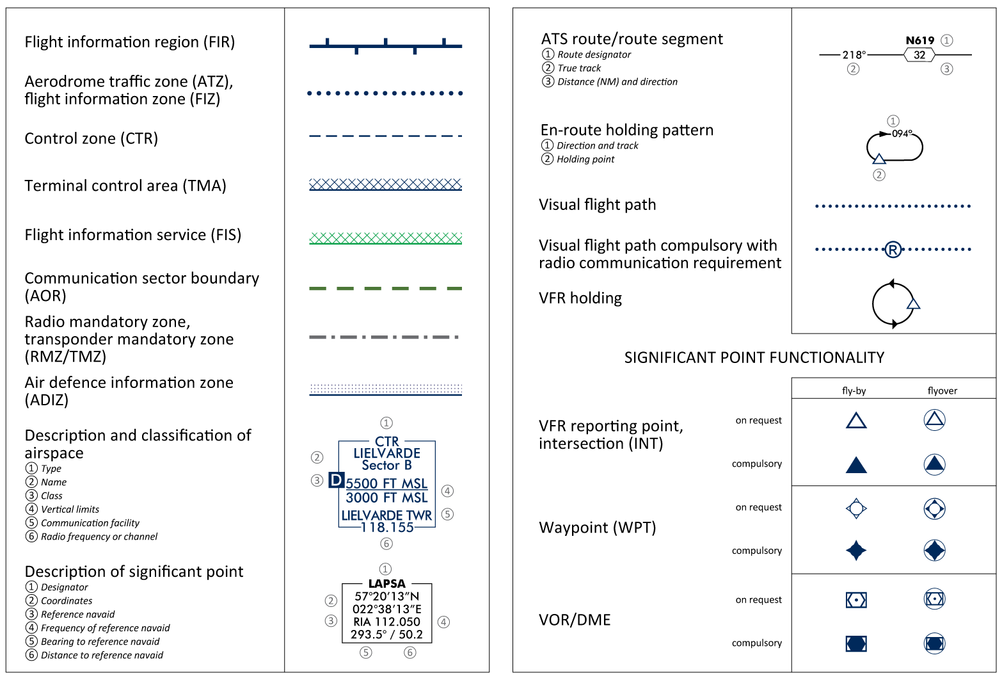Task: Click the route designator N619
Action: (x=919, y=40)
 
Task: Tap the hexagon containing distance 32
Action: (x=919, y=55)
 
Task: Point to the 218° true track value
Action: (x=854, y=55)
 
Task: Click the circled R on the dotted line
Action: (x=893, y=250)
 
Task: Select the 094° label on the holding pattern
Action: (x=902, y=134)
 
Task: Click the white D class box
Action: (x=337, y=480)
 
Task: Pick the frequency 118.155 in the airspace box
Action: (x=387, y=528)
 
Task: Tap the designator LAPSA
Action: (x=386, y=584)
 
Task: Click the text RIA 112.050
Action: (x=386, y=622)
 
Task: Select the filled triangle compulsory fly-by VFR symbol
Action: (x=855, y=465)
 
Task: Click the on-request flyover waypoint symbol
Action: (x=934, y=509)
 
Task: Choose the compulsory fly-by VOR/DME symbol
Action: (x=855, y=643)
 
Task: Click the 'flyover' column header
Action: (x=942, y=391)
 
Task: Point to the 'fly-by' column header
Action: (x=854, y=391)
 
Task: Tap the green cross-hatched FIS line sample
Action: (x=385, y=238)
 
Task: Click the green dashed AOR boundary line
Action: (x=385, y=289)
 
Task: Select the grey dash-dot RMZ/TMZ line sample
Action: (x=384, y=337)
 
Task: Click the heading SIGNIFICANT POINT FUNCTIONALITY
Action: (x=754, y=357)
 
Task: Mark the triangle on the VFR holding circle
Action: (x=913, y=303)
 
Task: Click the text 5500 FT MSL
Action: (x=386, y=483)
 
